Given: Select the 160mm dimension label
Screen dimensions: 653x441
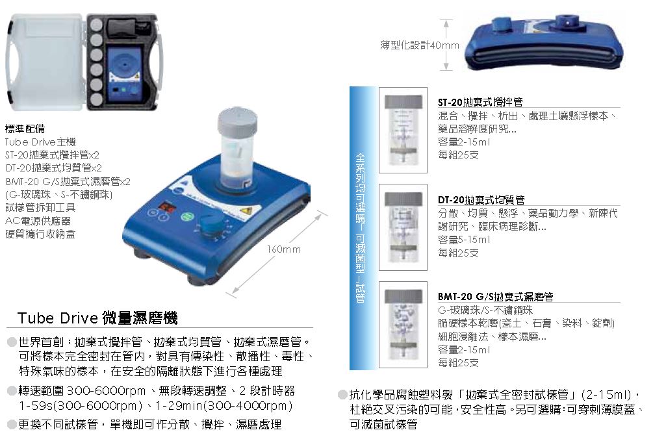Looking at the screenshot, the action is pyautogui.click(x=283, y=249).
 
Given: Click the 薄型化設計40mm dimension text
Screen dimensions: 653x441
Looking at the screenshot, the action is pyautogui.click(x=419, y=45).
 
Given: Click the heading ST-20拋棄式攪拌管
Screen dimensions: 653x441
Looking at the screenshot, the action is pyautogui.click(x=480, y=102).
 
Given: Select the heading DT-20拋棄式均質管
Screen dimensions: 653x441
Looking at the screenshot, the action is pyautogui.click(x=481, y=200).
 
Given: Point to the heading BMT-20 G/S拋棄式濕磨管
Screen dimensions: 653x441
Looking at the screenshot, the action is pyautogui.click(x=495, y=297).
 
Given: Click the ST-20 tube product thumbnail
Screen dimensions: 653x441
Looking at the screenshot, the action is pyautogui.click(x=403, y=130).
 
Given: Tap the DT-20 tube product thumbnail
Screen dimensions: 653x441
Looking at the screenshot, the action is pyautogui.click(x=403, y=227).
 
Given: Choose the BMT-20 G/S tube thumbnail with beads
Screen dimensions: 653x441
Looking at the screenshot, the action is pyautogui.click(x=403, y=325).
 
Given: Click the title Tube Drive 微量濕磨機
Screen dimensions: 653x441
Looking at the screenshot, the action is pyautogui.click(x=97, y=318).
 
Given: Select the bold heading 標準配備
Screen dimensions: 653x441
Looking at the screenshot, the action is pyautogui.click(x=25, y=129).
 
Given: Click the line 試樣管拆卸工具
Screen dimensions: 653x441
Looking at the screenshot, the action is pyautogui.click(x=40, y=207).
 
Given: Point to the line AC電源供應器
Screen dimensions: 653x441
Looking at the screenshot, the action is pyautogui.click(x=38, y=221).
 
